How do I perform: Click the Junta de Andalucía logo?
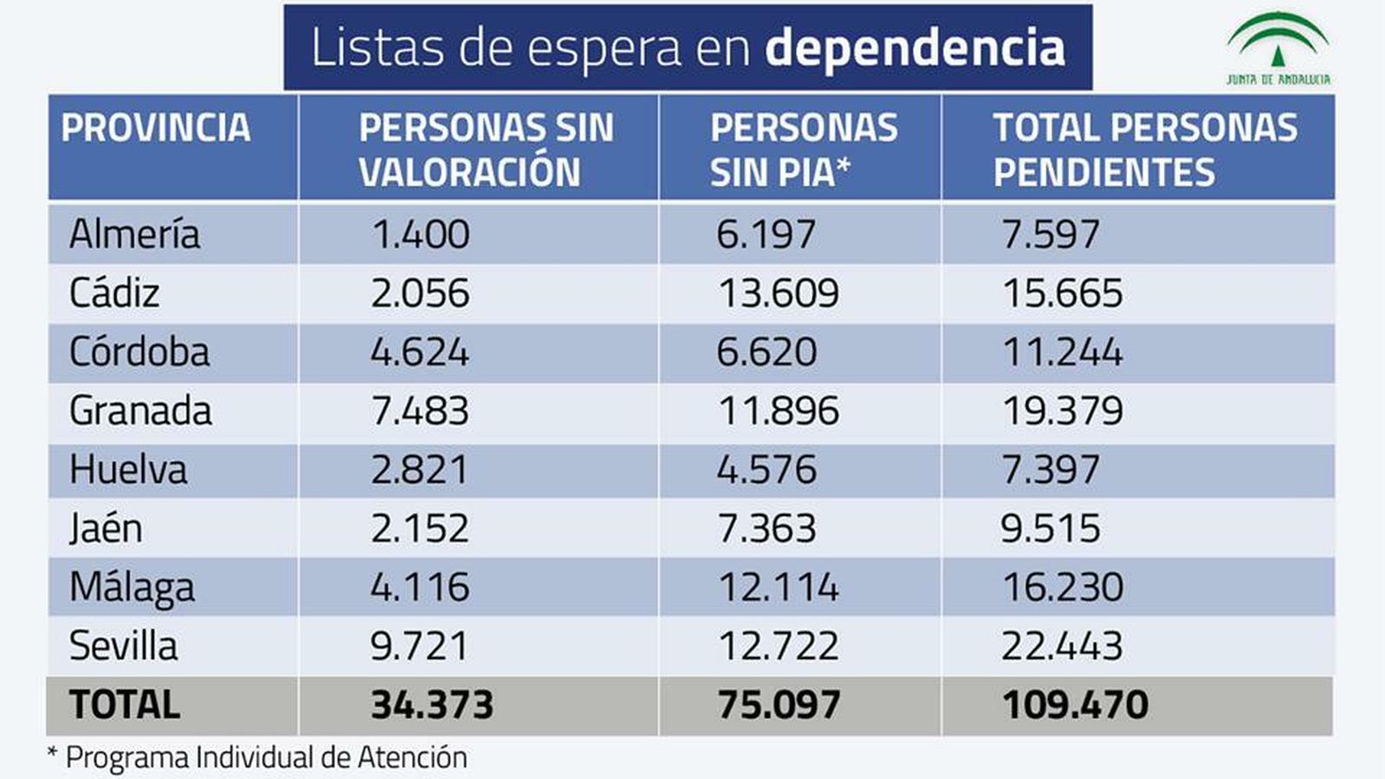coord(1278,48)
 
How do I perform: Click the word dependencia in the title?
coord(914,48)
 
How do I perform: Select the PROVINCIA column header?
coord(156,128)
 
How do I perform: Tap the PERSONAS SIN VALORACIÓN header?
coord(485,150)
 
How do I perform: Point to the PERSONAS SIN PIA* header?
coord(803,150)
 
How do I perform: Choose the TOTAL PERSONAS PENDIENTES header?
coord(1144,150)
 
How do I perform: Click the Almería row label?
coord(134,235)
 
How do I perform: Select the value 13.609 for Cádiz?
coord(778,293)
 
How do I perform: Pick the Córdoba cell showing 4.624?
coord(420,352)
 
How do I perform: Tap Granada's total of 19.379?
coord(1062,411)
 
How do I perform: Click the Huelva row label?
coord(128,470)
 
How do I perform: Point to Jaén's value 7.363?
coord(767,529)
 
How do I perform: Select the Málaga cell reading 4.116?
coord(420,588)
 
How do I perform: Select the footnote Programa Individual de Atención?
coord(265,758)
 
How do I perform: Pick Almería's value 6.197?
coord(766,235)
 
